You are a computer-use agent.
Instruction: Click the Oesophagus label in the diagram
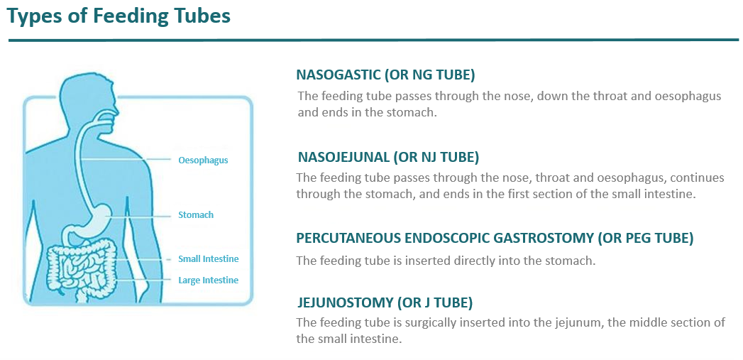tap(203, 160)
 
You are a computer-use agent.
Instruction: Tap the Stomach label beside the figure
tap(195, 214)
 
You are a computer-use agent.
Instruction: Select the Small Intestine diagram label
tap(208, 259)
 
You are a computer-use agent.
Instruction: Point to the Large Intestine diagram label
tap(208, 280)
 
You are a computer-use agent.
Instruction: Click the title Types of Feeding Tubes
tap(119, 17)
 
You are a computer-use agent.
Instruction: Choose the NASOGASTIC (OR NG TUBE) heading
tap(385, 75)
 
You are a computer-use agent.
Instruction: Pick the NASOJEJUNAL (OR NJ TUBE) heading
tap(387, 157)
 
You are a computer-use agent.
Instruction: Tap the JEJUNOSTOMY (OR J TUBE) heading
tap(385, 303)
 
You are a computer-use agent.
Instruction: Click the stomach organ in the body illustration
tap(99, 217)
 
